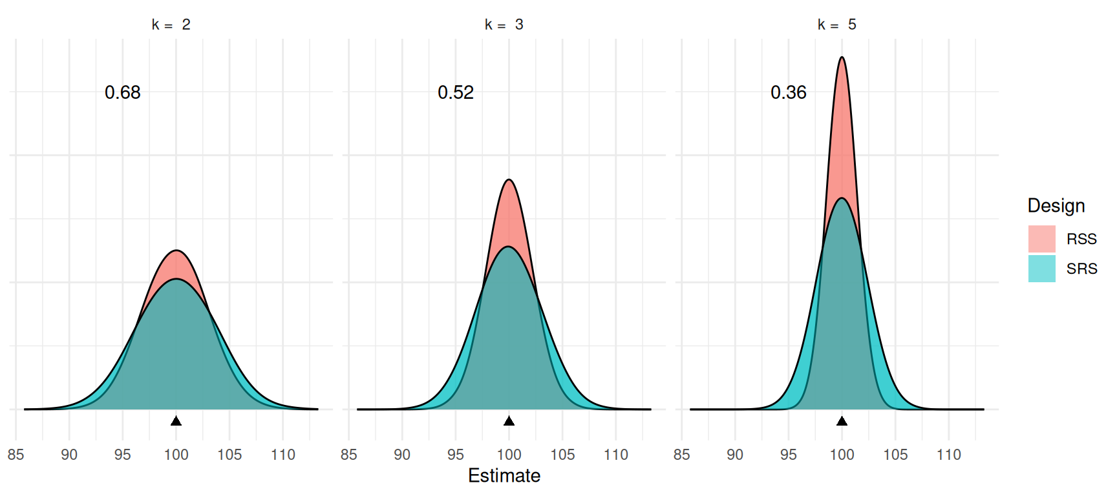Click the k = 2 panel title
(171, 25)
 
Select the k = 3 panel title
(504, 25)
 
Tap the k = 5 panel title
(837, 25)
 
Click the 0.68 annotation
(123, 92)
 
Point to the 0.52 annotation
(456, 92)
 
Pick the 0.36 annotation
(789, 92)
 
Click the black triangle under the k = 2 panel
(176, 421)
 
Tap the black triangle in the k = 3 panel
(509, 421)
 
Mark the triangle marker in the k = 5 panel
(842, 421)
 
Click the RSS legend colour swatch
(1041, 239)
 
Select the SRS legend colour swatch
(1041, 269)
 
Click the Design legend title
(1056, 205)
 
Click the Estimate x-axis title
(504, 476)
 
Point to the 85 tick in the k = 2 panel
(16, 455)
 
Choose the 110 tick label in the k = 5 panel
(949, 455)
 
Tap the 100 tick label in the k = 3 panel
(509, 455)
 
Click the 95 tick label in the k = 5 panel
(789, 455)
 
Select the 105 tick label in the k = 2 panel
(229, 455)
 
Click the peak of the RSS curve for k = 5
(842, 57)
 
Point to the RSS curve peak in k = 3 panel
(509, 180)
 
